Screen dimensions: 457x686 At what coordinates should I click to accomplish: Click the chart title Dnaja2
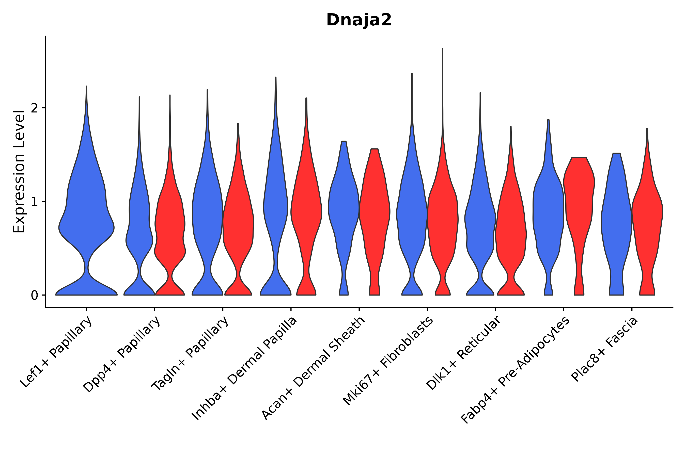point(358,20)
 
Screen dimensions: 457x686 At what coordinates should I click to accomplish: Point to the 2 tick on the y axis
point(34,108)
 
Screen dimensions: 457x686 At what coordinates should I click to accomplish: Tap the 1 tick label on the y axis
point(34,202)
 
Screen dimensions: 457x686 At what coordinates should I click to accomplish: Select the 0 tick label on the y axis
point(34,296)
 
